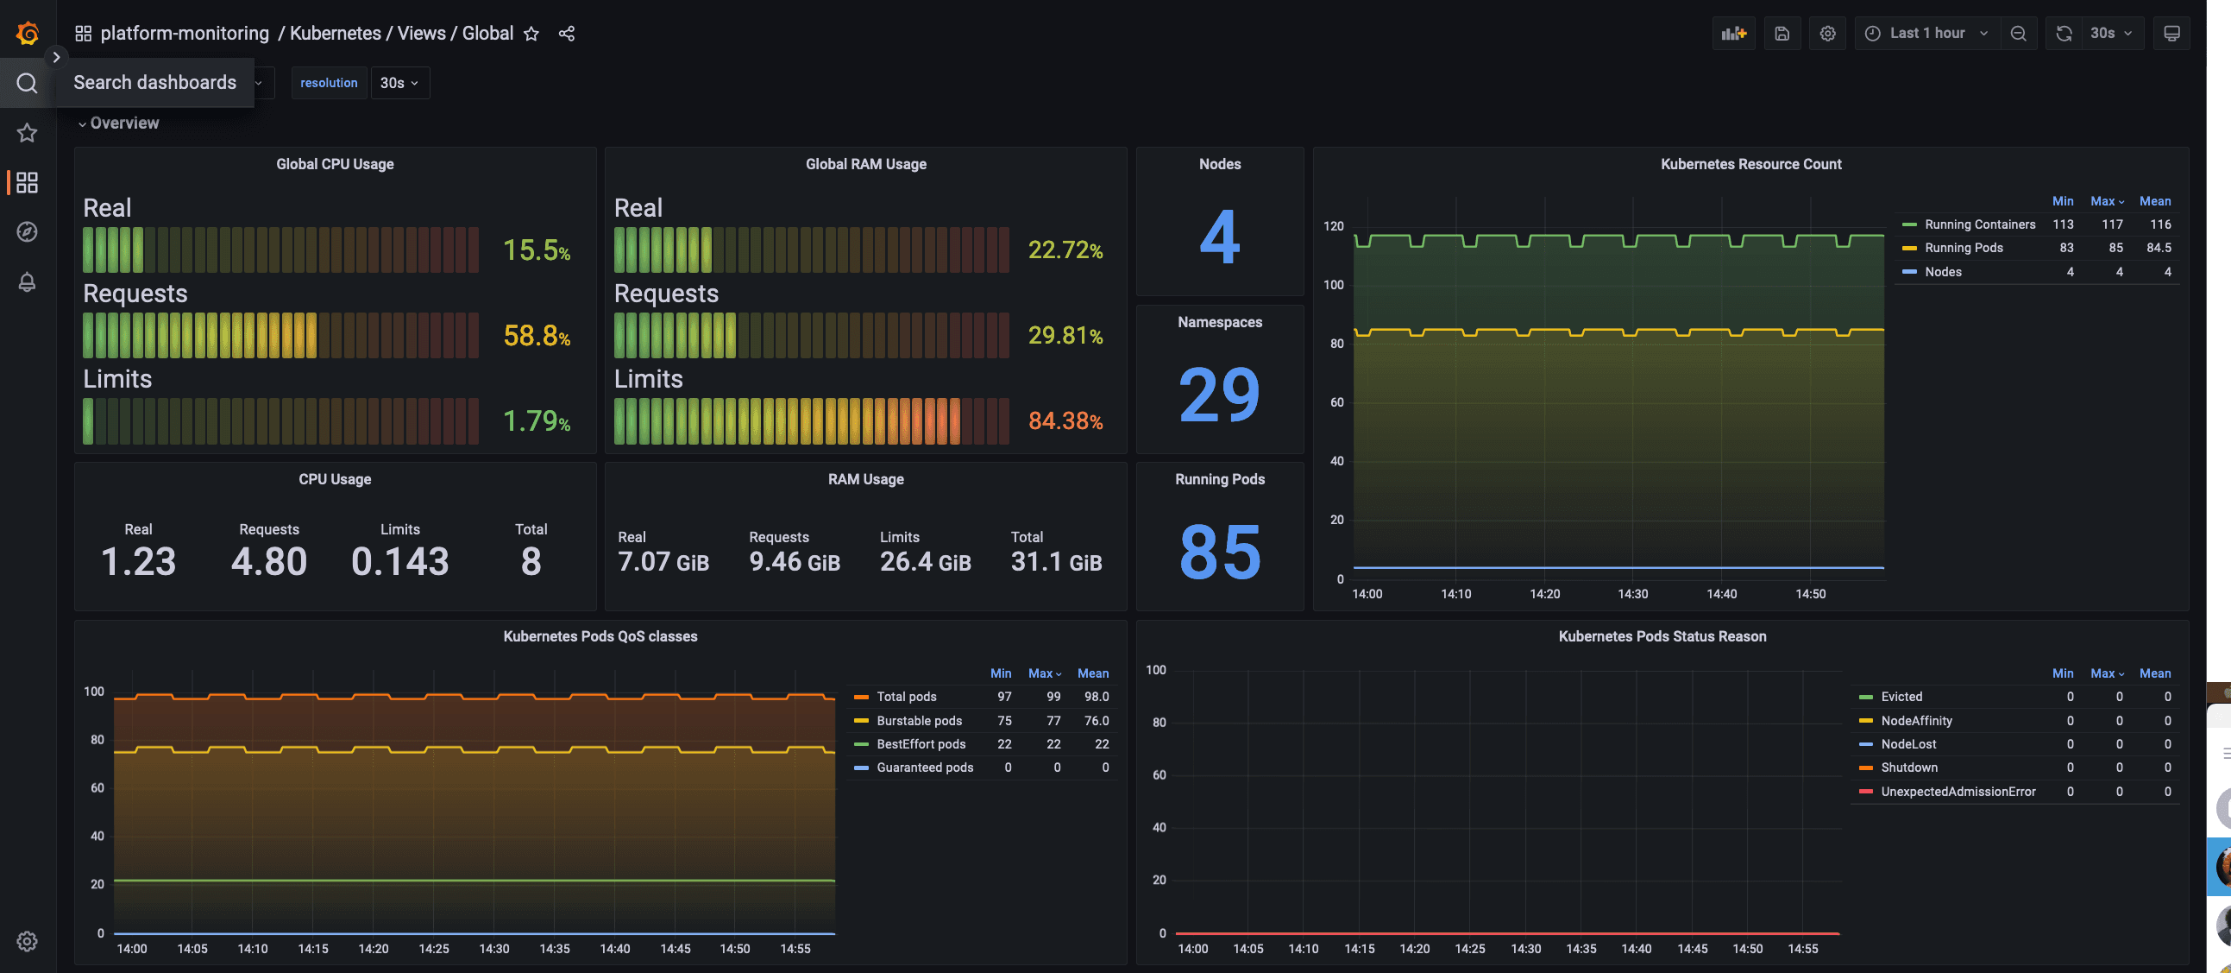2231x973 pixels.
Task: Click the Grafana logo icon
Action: point(27,33)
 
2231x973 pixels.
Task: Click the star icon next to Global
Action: point(531,34)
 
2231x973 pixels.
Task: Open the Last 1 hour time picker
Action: point(1927,33)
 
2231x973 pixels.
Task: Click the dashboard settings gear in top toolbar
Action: point(1827,33)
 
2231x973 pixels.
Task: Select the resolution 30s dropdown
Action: point(399,83)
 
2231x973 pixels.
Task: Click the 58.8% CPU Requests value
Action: point(536,335)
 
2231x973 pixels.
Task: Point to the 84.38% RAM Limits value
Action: point(1065,421)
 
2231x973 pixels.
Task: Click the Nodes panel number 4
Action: point(1218,237)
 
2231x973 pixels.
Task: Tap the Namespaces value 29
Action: point(1218,395)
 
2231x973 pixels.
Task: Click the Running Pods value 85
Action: point(1218,552)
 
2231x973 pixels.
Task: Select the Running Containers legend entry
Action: point(1979,224)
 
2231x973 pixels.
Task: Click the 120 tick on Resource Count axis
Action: point(1333,226)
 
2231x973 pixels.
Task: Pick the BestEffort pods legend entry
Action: point(920,744)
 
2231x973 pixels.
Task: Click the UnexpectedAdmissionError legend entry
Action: point(1958,792)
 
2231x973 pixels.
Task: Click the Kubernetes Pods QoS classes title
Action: point(600,636)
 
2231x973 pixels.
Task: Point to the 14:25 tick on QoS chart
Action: point(433,949)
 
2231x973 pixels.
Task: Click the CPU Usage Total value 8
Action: point(531,561)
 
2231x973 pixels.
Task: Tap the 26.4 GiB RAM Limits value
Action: point(925,562)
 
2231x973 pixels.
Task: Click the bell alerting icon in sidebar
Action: point(27,282)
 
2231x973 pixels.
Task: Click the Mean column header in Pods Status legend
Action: point(2154,673)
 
